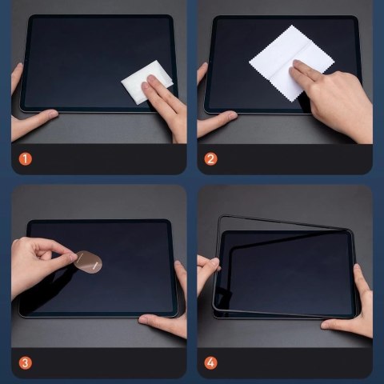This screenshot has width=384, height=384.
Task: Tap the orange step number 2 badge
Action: (211, 158)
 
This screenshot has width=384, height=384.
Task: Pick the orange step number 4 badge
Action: (211, 362)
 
